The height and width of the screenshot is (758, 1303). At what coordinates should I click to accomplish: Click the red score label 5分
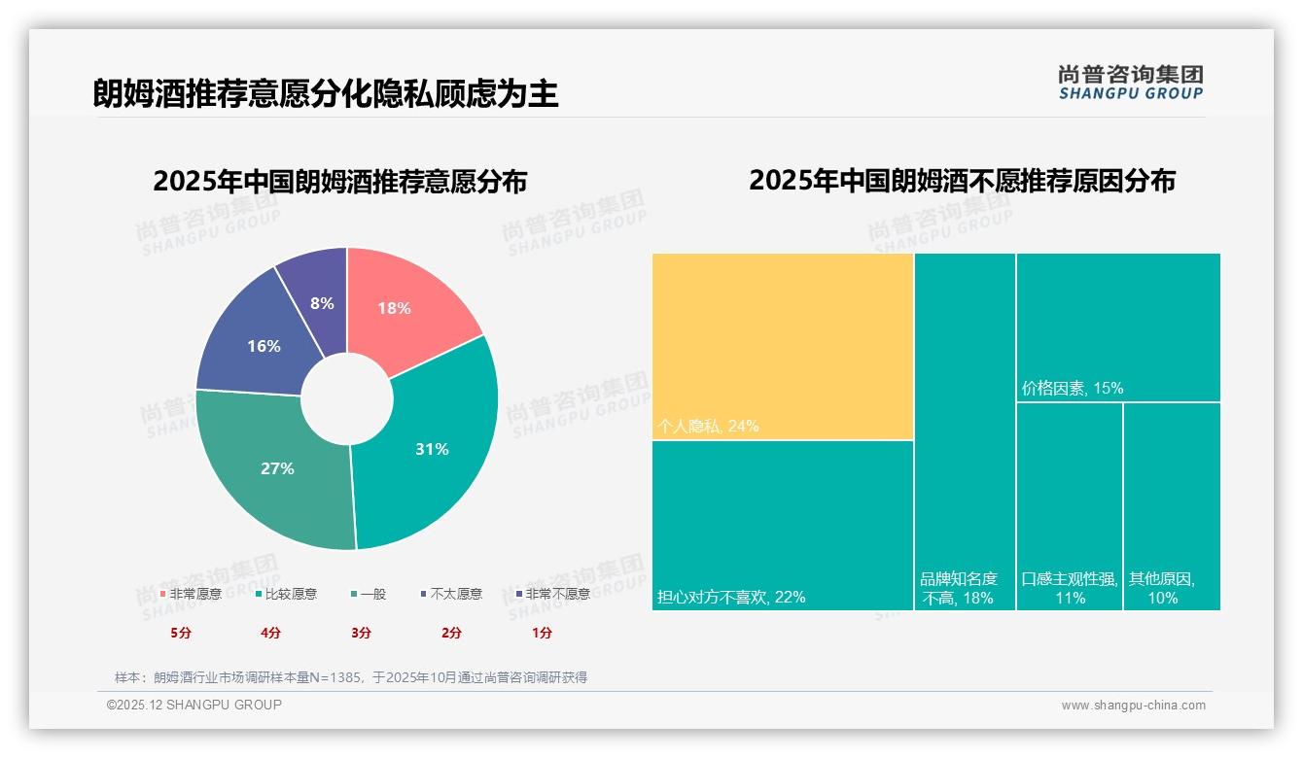181,633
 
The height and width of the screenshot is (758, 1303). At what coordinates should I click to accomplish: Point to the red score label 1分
542,633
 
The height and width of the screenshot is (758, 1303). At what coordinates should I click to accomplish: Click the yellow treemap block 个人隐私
783,345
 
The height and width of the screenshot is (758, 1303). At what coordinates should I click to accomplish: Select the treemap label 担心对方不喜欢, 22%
731,598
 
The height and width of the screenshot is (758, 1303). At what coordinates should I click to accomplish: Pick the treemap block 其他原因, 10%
1171,505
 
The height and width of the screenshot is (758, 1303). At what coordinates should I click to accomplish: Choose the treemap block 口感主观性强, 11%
1069,505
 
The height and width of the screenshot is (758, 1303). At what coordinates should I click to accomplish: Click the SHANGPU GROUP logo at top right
1130,83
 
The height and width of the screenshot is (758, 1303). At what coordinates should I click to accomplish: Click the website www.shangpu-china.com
1133,706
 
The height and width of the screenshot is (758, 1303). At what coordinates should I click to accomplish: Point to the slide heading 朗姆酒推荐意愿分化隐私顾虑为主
326,94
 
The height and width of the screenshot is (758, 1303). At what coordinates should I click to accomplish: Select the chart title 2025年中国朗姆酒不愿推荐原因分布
962,181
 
